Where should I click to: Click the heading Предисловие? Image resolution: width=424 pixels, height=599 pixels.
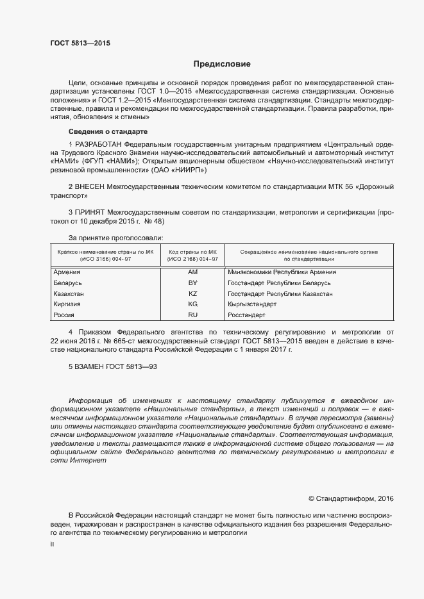[x=222, y=64]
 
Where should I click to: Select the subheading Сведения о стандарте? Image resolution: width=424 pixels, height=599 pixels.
[x=103, y=131]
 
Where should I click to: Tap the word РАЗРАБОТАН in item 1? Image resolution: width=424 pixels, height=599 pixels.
[x=99, y=144]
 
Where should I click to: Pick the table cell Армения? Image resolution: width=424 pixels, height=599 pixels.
[x=67, y=272]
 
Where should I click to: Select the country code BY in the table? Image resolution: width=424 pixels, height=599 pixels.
[x=192, y=283]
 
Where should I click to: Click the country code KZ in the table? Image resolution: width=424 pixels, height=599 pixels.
[x=192, y=293]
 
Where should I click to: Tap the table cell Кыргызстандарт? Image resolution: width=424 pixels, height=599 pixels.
[x=251, y=304]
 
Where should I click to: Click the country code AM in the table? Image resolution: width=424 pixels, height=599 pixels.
[x=192, y=272]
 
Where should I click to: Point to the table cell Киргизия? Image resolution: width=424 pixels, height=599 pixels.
[x=68, y=304]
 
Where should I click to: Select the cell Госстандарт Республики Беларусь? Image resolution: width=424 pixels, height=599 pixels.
[x=278, y=283]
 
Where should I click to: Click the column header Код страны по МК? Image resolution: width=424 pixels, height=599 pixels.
[x=192, y=252]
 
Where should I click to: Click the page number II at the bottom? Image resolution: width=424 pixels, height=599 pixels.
[x=52, y=543]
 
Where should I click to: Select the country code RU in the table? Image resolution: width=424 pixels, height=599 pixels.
[x=192, y=315]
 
